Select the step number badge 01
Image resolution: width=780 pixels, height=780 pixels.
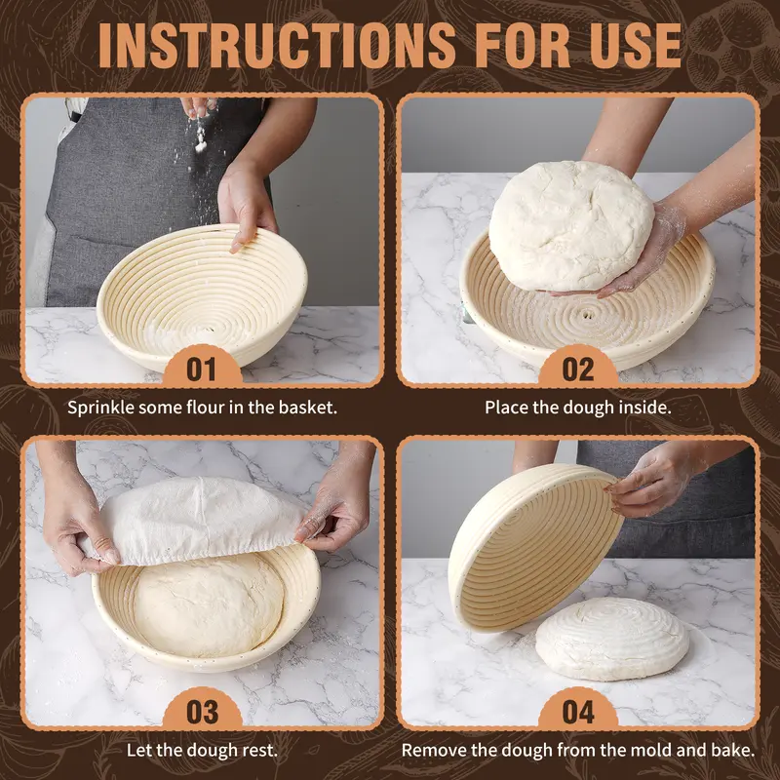tap(201, 369)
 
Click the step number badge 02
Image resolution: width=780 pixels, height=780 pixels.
tap(578, 369)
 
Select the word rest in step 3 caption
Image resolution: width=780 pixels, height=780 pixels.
tap(258, 751)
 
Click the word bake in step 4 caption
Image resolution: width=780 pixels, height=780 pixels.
tap(730, 751)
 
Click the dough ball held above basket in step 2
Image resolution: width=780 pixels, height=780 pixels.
tap(570, 226)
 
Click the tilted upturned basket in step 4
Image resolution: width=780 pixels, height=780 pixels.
tap(531, 546)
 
